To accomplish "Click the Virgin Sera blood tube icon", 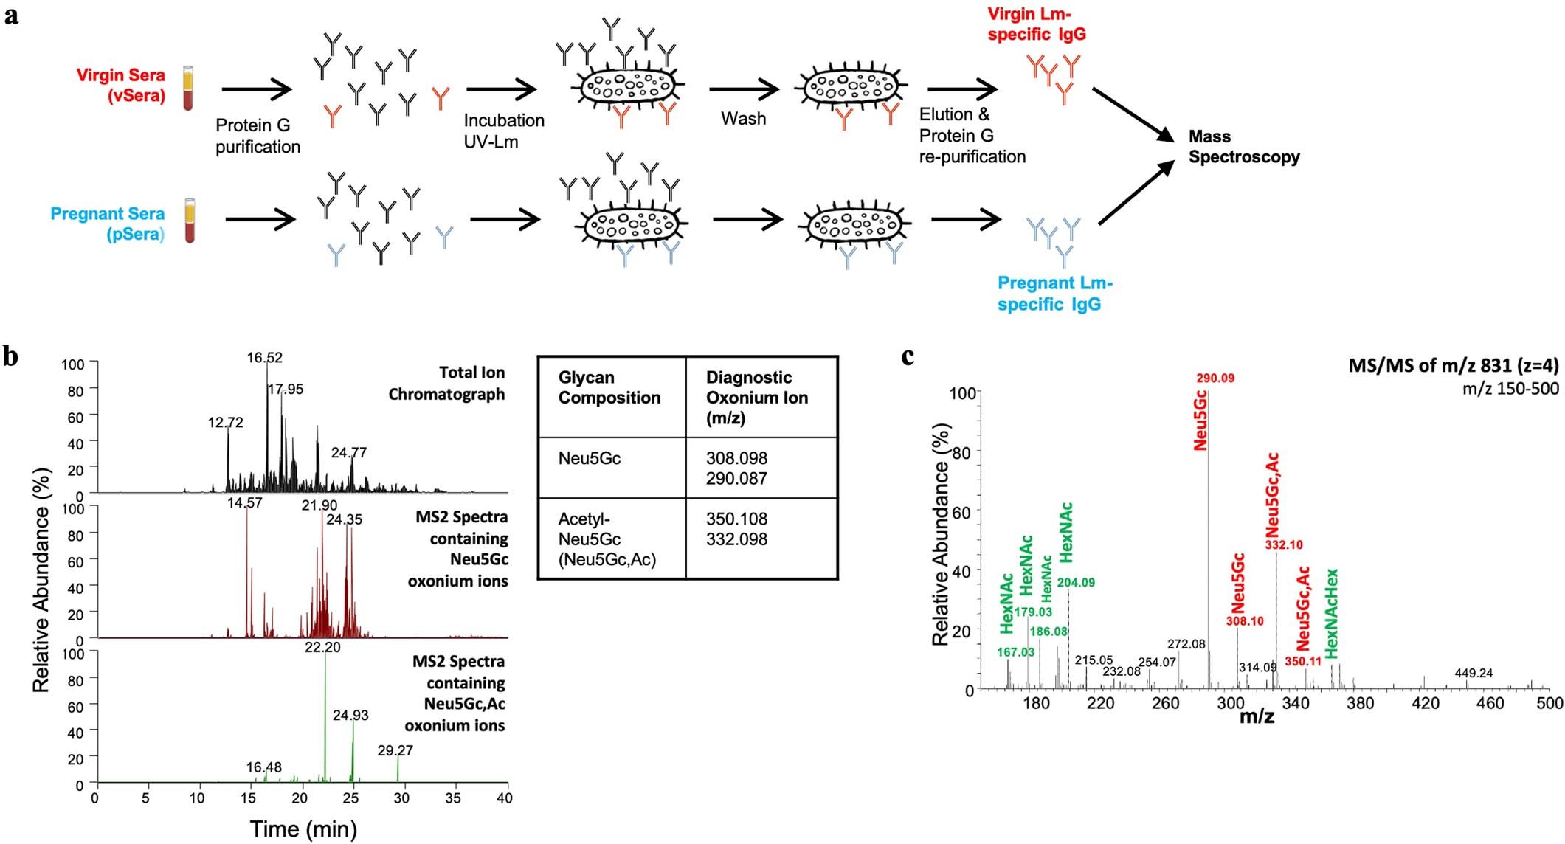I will pos(189,88).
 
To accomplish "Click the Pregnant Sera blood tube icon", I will pos(190,221).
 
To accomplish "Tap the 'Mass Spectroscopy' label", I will pos(1243,147).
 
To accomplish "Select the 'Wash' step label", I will pos(743,119).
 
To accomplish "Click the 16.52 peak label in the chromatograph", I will pos(264,358).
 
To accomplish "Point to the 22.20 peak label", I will pos(322,647).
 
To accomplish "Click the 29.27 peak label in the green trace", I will pos(395,750).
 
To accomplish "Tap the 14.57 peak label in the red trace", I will pos(244,503).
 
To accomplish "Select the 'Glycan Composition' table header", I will pos(609,387).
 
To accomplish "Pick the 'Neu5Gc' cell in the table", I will pos(589,458).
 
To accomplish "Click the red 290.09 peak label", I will pos(1215,378).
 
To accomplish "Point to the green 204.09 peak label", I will pos(1076,583).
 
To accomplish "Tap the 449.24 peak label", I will pos(1474,673).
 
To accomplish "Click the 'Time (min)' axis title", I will pos(303,829).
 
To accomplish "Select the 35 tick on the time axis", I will pos(453,798).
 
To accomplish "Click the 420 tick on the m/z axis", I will pos(1425,703).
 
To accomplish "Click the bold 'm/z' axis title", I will pos(1257,716).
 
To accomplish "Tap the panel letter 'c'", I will pos(908,357).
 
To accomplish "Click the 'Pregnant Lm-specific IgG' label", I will pos(1054,294).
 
